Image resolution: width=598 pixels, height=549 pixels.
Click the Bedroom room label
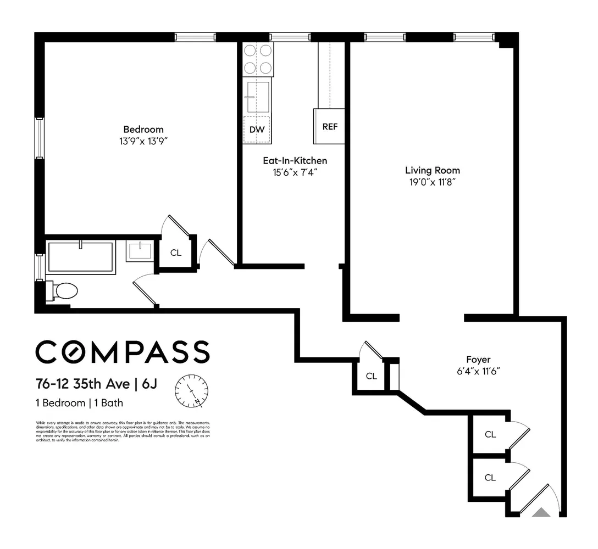[143, 130]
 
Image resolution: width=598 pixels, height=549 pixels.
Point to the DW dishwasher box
[257, 130]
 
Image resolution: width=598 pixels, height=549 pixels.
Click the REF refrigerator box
[329, 126]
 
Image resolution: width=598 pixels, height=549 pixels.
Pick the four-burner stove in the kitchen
[258, 59]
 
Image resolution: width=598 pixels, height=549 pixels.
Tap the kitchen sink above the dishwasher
[257, 97]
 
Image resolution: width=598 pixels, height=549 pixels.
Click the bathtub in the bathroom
[81, 257]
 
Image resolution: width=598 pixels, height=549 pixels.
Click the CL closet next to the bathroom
[175, 253]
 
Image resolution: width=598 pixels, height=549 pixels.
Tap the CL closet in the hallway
[372, 376]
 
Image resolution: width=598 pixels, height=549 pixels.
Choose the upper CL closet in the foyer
[490, 434]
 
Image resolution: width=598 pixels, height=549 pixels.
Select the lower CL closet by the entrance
[490, 478]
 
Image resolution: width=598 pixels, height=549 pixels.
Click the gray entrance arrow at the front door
[541, 513]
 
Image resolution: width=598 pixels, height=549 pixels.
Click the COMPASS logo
[122, 352]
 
